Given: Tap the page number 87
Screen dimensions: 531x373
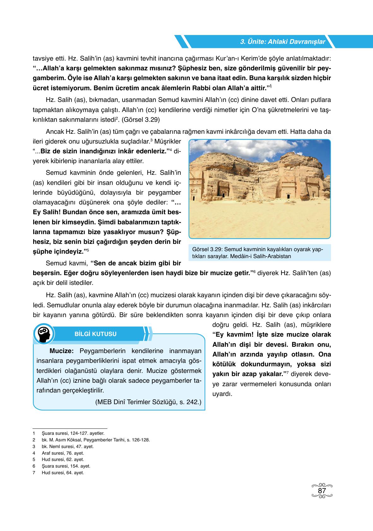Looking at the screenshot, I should pos(322,491).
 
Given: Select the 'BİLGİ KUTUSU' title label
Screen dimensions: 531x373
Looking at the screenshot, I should pos(95,334).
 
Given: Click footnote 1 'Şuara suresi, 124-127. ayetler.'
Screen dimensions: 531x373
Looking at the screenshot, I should pos(73,434).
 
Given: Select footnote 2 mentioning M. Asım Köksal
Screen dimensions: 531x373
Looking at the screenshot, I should pos(95,440).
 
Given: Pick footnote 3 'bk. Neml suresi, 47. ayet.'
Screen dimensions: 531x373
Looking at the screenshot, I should pos(67,446).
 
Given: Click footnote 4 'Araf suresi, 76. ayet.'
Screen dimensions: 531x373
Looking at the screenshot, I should pos(63,453).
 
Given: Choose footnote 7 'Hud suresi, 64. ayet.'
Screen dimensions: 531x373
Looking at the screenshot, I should pos(63,473).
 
